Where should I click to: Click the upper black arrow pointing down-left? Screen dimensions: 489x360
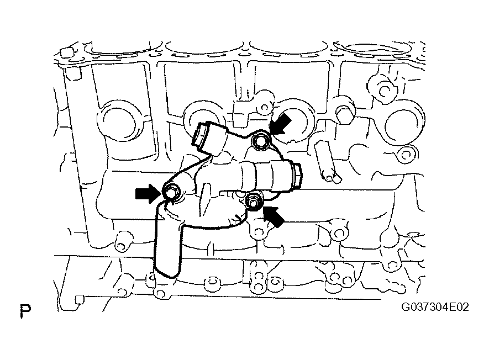click(x=281, y=124)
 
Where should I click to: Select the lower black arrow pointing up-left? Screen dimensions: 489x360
click(x=274, y=216)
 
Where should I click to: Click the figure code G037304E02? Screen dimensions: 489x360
click(x=435, y=307)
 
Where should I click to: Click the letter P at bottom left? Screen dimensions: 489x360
click(x=25, y=310)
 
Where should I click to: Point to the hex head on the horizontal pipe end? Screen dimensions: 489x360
click(x=297, y=176)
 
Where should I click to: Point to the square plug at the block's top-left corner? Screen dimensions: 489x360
click(x=67, y=53)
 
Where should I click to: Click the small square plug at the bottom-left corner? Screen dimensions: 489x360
click(x=80, y=299)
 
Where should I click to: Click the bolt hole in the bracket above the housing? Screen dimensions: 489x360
click(x=264, y=108)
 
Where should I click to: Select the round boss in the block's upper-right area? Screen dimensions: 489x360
click(x=383, y=89)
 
